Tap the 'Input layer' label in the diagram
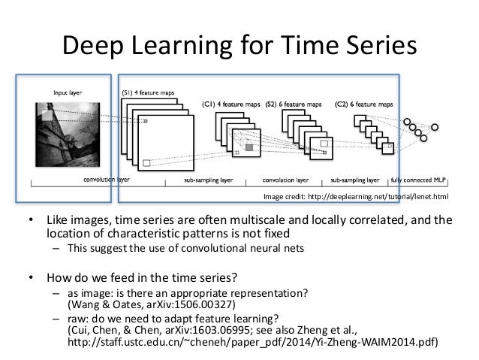pos(68,92)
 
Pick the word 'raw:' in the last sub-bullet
pos(78,317)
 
